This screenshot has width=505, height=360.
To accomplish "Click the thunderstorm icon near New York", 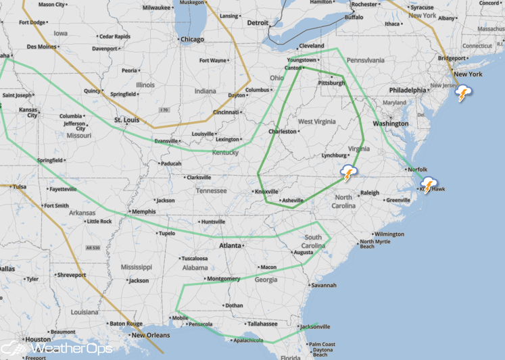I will (x=463, y=93).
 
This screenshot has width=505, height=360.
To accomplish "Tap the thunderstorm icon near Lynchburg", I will (x=348, y=174).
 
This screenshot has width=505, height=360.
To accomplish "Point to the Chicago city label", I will (x=192, y=39).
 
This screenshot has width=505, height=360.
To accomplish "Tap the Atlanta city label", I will (x=230, y=246).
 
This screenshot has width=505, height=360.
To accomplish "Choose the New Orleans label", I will (x=149, y=335).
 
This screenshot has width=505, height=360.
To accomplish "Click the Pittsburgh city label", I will (x=331, y=83).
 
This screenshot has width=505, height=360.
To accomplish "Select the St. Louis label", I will (x=126, y=120).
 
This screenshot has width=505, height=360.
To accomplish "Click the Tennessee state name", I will (x=211, y=190).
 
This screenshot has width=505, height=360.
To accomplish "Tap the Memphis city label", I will (x=143, y=211).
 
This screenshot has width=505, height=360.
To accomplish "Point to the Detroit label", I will (x=258, y=22).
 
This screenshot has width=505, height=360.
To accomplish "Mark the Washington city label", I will (x=390, y=124).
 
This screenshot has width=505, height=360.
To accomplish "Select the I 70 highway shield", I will (x=164, y=110).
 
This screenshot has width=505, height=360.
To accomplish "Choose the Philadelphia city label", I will (x=408, y=90).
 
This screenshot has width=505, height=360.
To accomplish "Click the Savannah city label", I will (x=324, y=285).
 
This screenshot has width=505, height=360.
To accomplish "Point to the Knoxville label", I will (x=266, y=191).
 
